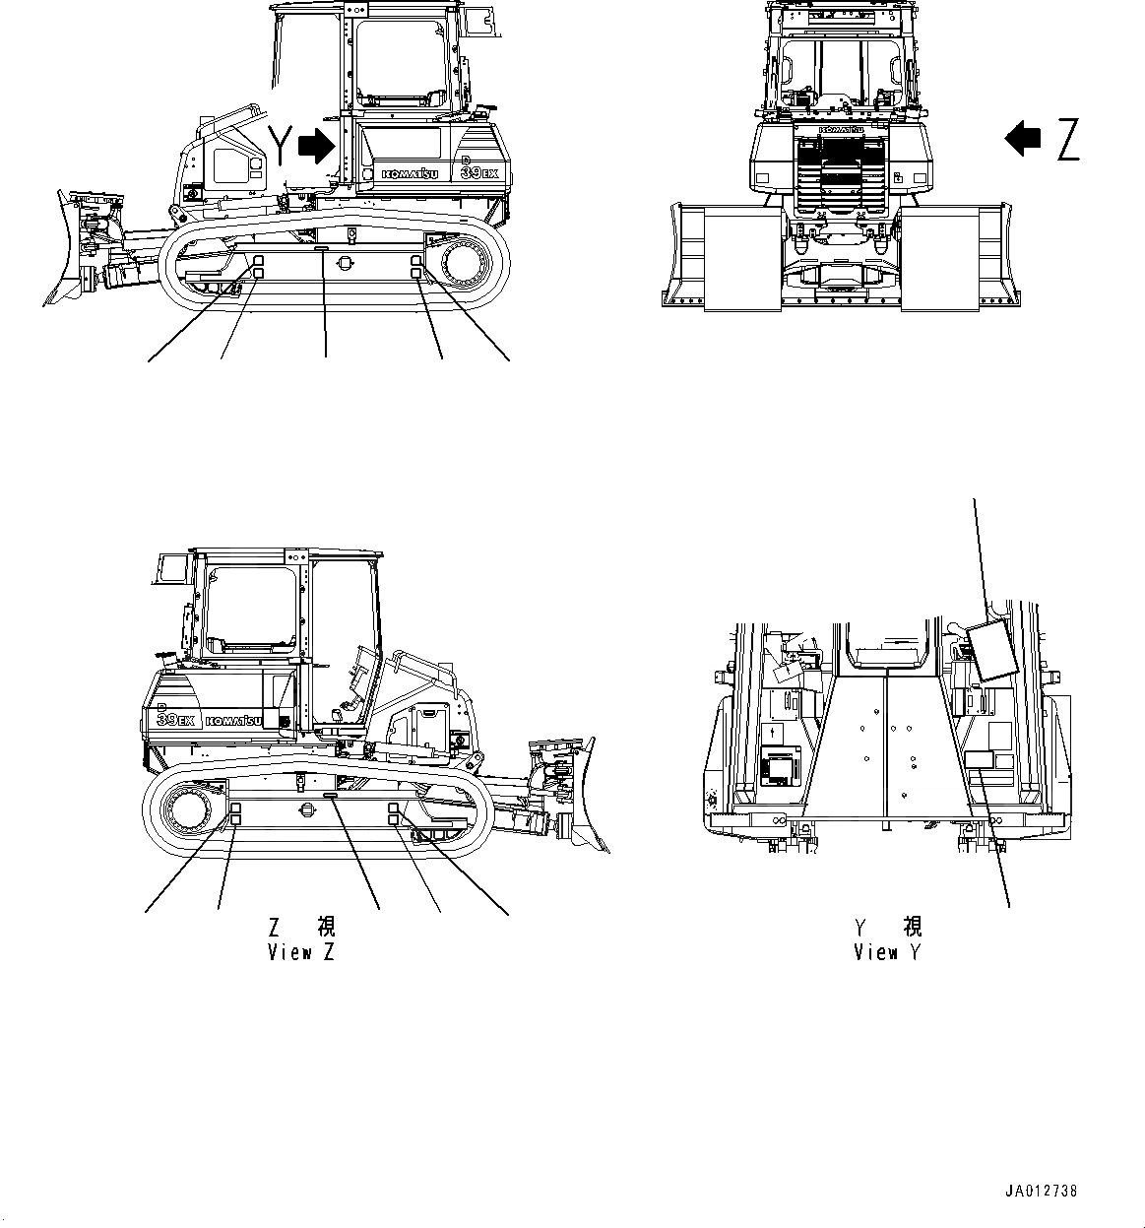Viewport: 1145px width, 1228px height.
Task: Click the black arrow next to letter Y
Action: click(316, 146)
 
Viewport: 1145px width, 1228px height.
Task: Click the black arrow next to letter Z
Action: click(1023, 138)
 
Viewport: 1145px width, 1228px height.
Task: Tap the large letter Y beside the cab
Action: click(282, 146)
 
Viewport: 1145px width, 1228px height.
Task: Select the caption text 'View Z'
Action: click(301, 952)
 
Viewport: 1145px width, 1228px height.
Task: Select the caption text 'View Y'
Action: click(888, 952)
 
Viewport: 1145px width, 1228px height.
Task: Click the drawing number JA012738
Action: click(1042, 1191)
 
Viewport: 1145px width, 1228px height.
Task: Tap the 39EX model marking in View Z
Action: click(179, 719)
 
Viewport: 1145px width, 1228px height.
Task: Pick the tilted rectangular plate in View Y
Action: click(988, 650)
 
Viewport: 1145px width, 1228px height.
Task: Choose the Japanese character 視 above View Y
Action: click(912, 927)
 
